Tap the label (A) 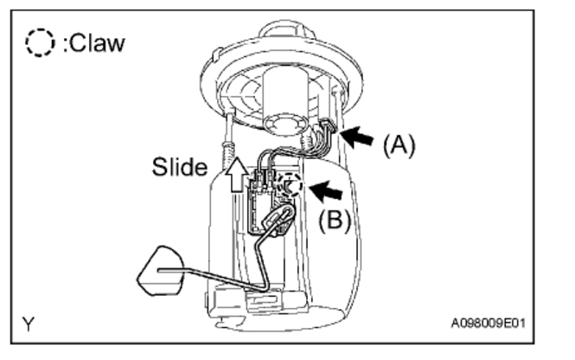[x=399, y=145]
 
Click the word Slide [x=179, y=167]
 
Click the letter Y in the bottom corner [x=29, y=325]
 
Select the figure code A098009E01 [x=488, y=325]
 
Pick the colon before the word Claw [x=59, y=44]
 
